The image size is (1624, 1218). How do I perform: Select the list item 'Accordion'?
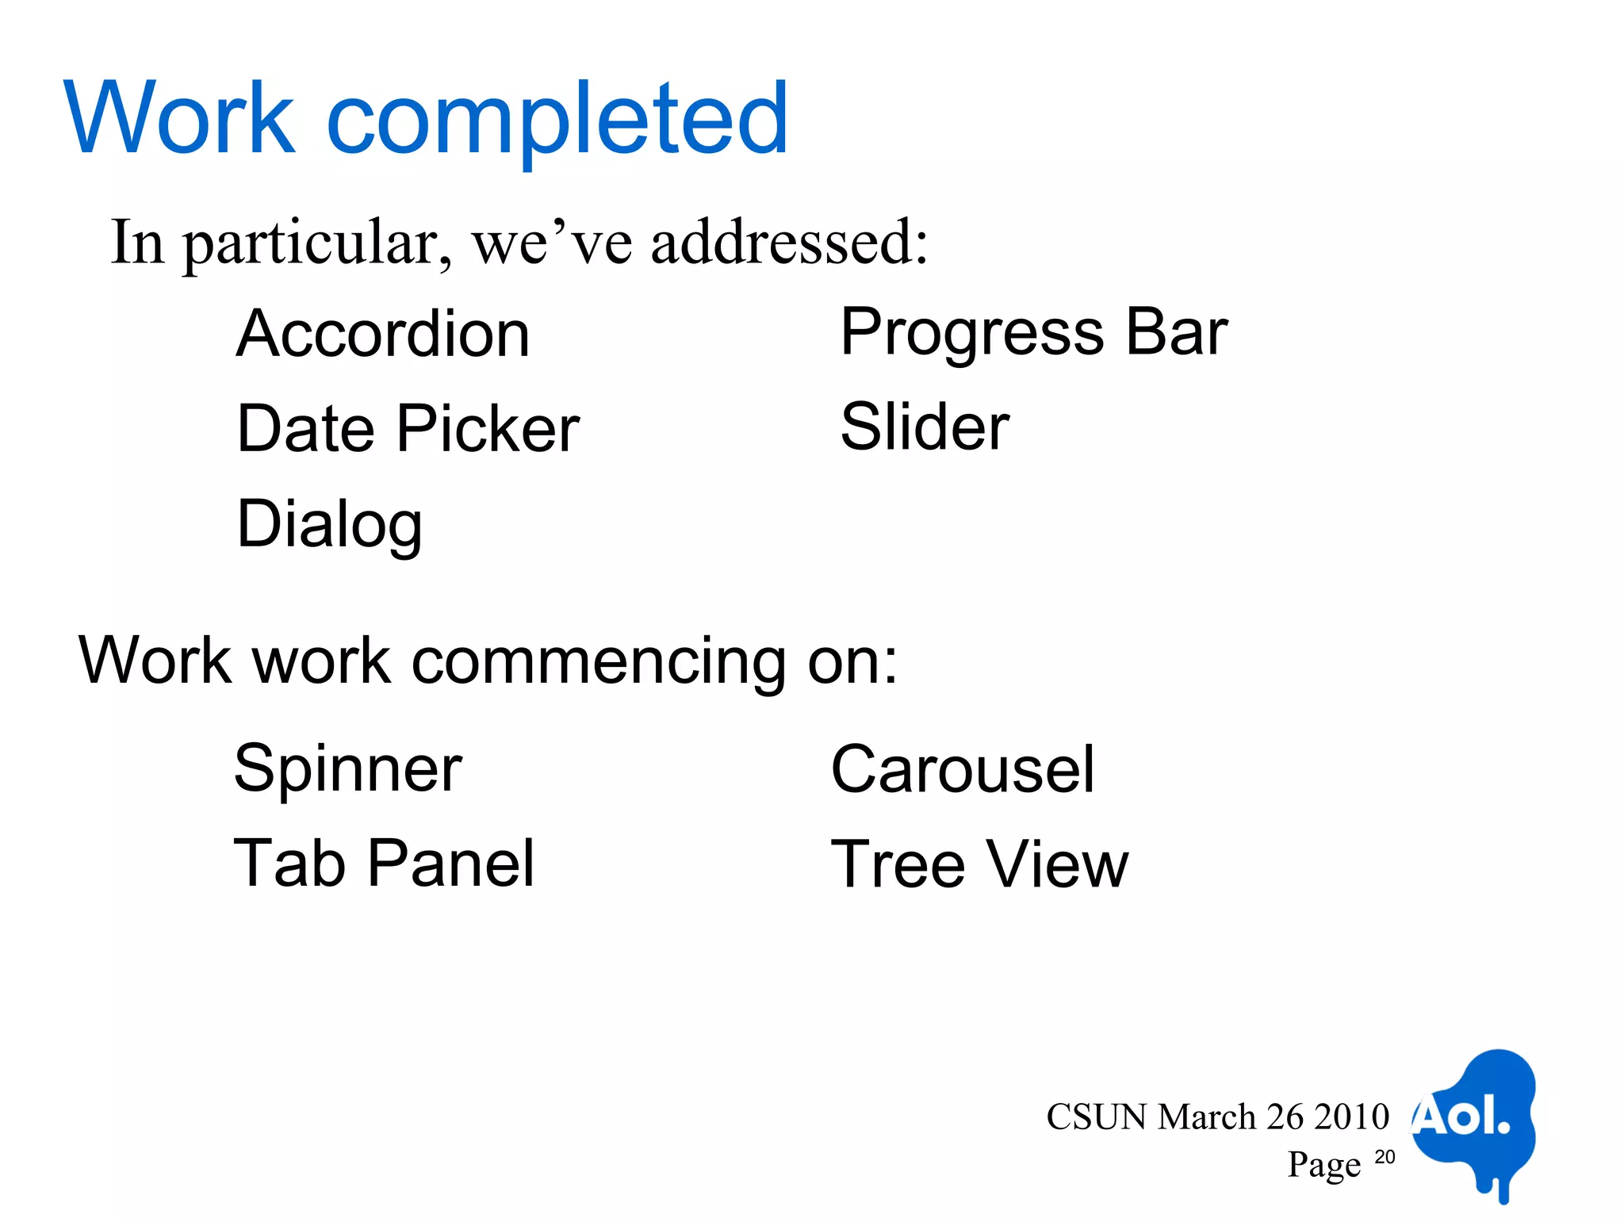[383, 334]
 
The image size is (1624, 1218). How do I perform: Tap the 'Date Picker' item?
[408, 429]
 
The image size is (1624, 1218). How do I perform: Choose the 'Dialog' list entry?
[330, 524]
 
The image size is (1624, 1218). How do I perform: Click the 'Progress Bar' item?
[1033, 332]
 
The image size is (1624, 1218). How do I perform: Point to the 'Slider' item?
[925, 427]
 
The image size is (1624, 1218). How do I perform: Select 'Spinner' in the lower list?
[348, 768]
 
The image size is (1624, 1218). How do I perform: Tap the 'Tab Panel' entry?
[385, 863]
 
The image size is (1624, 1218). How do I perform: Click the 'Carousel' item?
[963, 769]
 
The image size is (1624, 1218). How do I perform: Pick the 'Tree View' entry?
[979, 864]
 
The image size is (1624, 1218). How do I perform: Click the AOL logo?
[1473, 1120]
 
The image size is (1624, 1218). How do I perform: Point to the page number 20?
[1385, 1157]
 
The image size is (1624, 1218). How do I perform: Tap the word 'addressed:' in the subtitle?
[790, 243]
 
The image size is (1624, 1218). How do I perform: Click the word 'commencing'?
[599, 661]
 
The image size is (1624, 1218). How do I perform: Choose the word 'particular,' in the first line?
[318, 244]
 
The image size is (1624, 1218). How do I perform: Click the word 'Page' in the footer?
[1323, 1165]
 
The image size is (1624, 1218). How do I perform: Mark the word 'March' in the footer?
[1207, 1117]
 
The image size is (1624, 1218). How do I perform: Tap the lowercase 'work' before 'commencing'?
[321, 661]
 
